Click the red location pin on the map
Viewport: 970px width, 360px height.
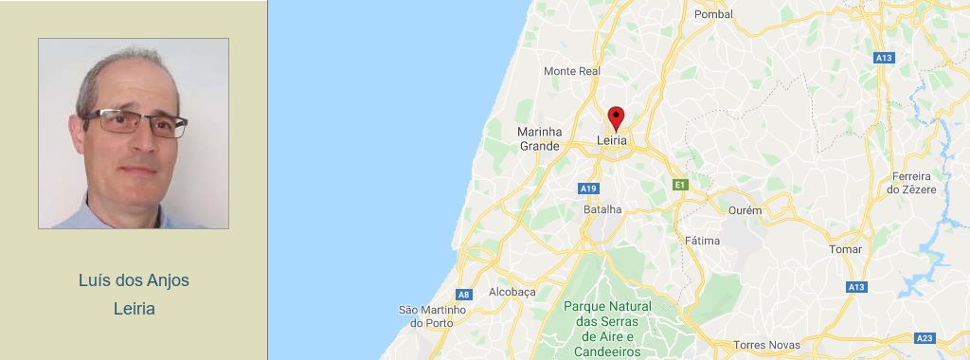click(x=616, y=117)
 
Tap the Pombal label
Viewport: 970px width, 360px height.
click(x=713, y=14)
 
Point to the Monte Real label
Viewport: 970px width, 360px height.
click(x=572, y=71)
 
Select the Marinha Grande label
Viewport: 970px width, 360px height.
click(x=540, y=138)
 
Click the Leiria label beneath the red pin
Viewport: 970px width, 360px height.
click(x=613, y=140)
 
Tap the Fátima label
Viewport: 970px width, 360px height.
click(x=702, y=241)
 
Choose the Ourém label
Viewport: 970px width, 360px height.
click(x=745, y=209)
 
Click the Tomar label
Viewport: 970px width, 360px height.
click(x=845, y=249)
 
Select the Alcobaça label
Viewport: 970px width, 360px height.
click(x=512, y=292)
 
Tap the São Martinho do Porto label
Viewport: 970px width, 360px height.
click(x=433, y=315)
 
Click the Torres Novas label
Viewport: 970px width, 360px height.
click(x=767, y=345)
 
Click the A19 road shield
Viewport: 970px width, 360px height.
click(x=588, y=188)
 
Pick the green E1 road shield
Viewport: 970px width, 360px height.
click(x=678, y=185)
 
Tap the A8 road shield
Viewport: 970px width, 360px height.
click(x=463, y=295)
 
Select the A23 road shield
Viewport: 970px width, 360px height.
click(x=925, y=338)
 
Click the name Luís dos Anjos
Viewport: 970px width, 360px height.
click(x=134, y=280)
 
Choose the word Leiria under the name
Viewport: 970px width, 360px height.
click(x=134, y=309)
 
